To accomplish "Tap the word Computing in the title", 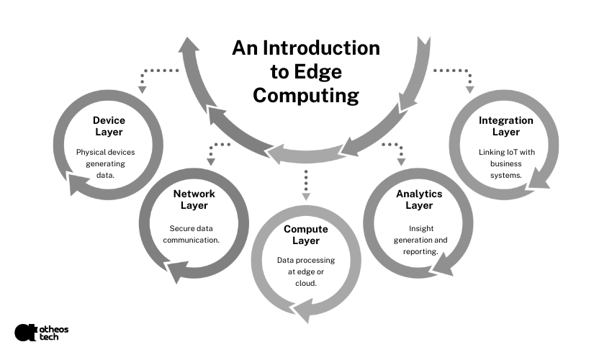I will click(305, 95).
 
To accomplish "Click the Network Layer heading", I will click(194, 199).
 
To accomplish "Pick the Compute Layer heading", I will click(306, 235).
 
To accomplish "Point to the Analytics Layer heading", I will click(418, 199).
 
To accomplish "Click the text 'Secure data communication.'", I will click(194, 234).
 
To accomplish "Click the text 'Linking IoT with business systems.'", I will click(505, 163).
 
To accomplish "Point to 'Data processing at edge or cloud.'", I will click(306, 271).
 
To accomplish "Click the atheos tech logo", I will click(41, 332).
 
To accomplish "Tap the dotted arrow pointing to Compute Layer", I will click(306, 185).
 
